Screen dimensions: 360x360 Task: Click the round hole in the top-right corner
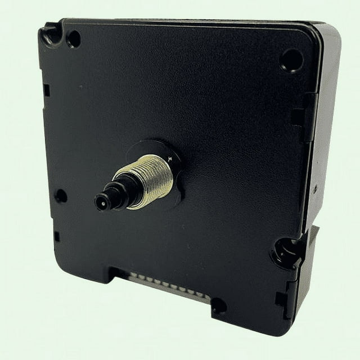point(291,58)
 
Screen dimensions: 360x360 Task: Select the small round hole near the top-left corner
point(73,39)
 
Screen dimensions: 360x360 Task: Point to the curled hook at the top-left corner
point(50,35)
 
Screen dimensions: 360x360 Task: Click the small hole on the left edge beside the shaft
point(60,196)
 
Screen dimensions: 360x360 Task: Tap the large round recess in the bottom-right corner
point(286,251)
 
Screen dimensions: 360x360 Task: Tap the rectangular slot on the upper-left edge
point(46,89)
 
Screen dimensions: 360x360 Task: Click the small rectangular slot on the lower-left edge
point(56,236)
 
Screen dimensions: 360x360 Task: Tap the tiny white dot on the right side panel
point(316,190)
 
